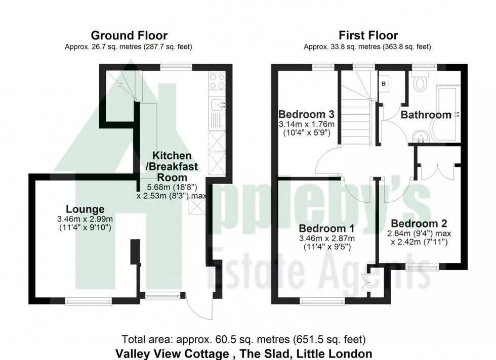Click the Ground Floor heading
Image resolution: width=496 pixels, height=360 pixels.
(x=129, y=35)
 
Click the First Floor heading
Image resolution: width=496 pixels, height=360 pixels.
(x=367, y=35)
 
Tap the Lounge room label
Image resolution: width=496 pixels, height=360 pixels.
(x=85, y=209)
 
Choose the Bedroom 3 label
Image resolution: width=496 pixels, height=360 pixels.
(x=306, y=113)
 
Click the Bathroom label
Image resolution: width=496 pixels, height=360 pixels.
(x=426, y=115)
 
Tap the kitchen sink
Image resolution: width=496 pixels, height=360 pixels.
(x=218, y=104)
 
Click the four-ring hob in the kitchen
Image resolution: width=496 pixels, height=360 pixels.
(x=218, y=81)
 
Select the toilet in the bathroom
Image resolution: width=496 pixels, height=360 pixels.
(x=420, y=82)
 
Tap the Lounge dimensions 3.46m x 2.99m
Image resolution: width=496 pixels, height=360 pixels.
(x=85, y=219)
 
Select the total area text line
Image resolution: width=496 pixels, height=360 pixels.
(x=244, y=339)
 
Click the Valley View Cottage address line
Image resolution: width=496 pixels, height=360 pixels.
(x=244, y=353)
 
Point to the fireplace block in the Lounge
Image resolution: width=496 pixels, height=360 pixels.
(x=135, y=252)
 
